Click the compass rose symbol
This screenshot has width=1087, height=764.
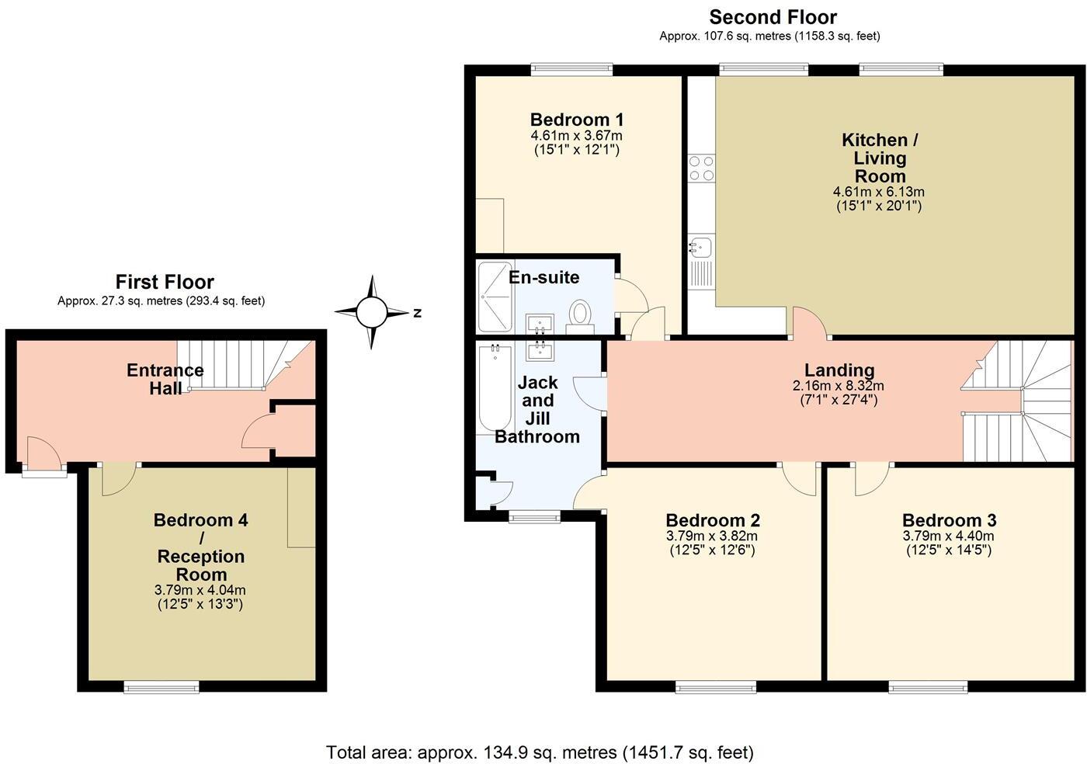(371, 312)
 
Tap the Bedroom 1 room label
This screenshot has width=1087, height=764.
(576, 120)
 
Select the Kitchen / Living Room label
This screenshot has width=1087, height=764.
(880, 158)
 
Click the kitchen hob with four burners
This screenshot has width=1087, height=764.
(702, 168)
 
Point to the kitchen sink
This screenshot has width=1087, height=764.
(700, 248)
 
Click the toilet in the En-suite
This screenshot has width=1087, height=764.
(580, 315)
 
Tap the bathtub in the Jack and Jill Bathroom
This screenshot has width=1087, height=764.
(493, 388)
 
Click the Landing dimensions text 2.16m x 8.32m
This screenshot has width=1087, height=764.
(839, 386)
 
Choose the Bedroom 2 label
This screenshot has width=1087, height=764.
(712, 520)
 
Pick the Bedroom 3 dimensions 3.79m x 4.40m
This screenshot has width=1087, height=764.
(948, 536)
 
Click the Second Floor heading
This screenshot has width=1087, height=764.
(773, 17)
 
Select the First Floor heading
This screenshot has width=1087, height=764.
(165, 282)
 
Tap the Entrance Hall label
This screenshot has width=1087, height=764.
(165, 379)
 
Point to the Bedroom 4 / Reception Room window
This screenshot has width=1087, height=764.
(162, 686)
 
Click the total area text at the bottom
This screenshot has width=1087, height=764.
(540, 752)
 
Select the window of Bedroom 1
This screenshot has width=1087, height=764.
(571, 70)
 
